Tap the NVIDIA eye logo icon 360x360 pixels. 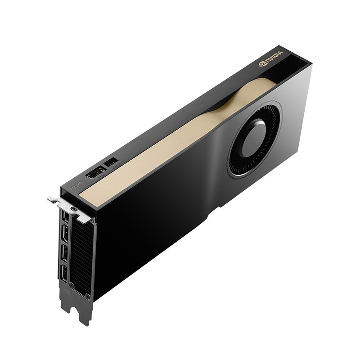[x=261, y=65]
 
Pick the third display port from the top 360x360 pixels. [x=64, y=253]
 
